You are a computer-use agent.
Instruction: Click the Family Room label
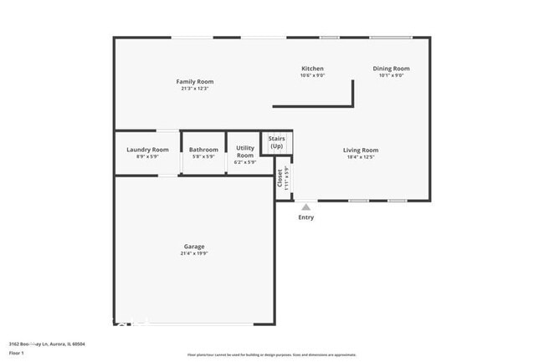[x=195, y=81]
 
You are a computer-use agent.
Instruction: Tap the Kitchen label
[x=312, y=69]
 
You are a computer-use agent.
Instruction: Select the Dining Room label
[x=391, y=69]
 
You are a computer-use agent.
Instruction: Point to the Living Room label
[x=361, y=150]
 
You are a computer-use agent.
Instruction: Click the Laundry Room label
[x=147, y=150]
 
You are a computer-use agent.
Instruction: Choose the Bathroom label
[x=203, y=150]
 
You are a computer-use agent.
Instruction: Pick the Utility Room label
[x=245, y=152]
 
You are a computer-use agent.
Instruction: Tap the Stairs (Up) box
[x=276, y=142]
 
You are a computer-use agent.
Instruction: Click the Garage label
[x=194, y=246]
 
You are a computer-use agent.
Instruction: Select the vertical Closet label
[x=280, y=178]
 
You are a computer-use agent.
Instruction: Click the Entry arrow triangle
[x=306, y=206]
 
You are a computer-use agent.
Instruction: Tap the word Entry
[x=306, y=217]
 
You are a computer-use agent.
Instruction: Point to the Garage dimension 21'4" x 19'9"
[x=194, y=253]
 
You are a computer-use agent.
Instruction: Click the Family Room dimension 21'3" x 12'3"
[x=195, y=89]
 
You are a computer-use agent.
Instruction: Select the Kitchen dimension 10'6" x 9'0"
[x=312, y=76]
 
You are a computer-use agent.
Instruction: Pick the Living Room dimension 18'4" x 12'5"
[x=361, y=157]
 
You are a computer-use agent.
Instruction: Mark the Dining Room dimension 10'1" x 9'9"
[x=391, y=76]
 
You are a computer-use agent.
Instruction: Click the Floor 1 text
[x=16, y=353]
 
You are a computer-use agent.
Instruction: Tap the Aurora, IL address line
[x=47, y=344]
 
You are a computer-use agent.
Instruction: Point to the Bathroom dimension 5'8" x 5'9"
[x=203, y=157]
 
